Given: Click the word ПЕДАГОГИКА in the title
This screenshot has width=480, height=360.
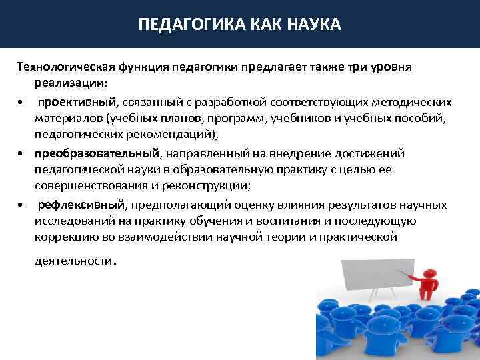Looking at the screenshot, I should coord(184,25).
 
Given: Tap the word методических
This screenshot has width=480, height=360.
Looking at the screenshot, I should coord(412,102).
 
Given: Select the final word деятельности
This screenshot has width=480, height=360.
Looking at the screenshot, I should coord(73,261).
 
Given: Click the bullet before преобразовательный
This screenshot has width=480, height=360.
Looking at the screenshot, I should coord(22,153).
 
